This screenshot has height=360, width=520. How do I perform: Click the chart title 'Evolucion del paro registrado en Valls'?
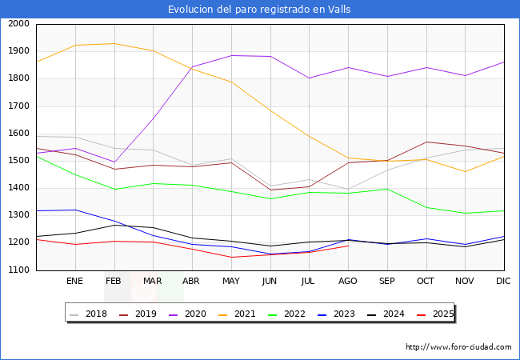pos(259,10)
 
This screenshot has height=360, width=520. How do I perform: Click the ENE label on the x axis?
pos(74,281)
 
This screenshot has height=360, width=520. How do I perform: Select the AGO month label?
pos(348,281)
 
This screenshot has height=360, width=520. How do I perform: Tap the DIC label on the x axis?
pos(503,281)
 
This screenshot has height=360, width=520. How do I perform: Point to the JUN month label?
pos(270,281)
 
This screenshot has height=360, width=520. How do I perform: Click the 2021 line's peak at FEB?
pos(114,43)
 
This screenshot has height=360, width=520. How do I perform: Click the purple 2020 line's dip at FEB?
pos(114,162)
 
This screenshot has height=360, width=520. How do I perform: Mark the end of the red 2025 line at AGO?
pos(348,246)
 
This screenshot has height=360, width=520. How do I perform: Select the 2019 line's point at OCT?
pos(426,142)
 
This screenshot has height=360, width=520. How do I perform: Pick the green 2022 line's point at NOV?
pos(465,214)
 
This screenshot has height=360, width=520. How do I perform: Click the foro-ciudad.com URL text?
pos(458,347)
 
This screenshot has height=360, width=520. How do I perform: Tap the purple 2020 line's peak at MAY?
pos(230,55)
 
